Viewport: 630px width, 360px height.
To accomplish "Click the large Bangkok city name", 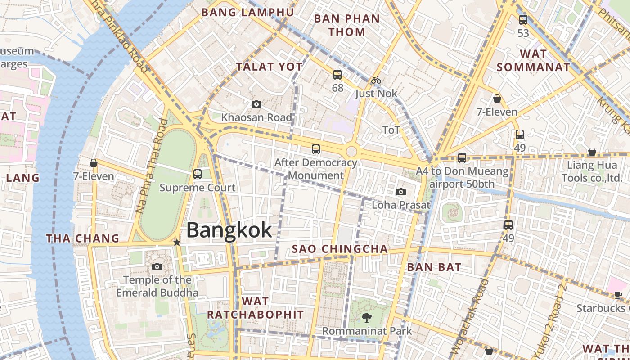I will [229, 230].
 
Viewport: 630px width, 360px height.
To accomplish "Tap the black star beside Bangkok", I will [177, 243].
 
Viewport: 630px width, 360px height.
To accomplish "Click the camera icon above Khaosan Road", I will [256, 104].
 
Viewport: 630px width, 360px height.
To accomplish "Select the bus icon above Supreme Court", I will [197, 174].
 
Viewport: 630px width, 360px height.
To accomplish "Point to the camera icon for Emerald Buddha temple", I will [157, 267].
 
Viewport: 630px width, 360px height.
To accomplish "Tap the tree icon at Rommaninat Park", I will [367, 318].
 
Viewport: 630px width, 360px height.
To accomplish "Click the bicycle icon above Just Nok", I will [376, 81].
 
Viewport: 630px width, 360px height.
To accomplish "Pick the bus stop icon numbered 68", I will [337, 75].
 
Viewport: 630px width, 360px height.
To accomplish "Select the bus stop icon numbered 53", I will [523, 20].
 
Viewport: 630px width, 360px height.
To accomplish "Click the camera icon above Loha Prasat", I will [401, 192].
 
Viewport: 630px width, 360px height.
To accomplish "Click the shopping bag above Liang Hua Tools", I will [592, 152].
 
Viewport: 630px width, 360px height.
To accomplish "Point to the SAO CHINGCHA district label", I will [340, 249].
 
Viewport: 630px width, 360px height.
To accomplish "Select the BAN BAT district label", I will [434, 267].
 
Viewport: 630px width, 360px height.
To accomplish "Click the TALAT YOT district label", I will [270, 67].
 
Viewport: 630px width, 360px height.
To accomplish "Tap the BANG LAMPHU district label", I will [247, 12].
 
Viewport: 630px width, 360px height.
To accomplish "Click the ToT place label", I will [391, 130].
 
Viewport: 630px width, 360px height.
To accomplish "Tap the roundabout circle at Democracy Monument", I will [351, 152].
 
